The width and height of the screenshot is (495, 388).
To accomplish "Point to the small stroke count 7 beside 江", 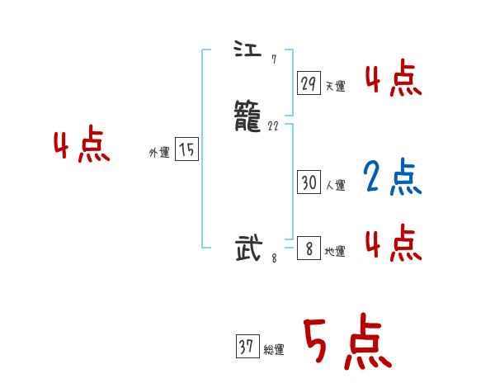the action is click(273, 59).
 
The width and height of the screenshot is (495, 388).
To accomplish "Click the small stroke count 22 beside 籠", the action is click(274, 126).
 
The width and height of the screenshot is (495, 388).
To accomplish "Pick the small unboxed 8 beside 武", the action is click(274, 258).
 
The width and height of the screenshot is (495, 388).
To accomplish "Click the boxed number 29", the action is click(309, 83).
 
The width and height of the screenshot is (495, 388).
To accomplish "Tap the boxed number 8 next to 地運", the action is click(309, 248).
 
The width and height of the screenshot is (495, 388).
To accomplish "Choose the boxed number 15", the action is click(187, 149).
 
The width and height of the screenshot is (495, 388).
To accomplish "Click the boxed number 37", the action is click(246, 348).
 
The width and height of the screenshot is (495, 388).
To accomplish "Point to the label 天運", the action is click(335, 86).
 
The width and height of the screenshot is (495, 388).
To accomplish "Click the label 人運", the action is click(335, 186).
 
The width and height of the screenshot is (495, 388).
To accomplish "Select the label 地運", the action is click(335, 251).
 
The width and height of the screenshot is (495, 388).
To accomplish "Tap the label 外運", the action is click(159, 152).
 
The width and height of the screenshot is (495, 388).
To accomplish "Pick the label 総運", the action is click(274, 350).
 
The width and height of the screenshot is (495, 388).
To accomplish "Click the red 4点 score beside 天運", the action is click(393, 81).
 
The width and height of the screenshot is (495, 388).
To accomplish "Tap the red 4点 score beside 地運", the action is click(393, 244).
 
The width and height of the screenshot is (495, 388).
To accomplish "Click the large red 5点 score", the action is click(346, 343).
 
